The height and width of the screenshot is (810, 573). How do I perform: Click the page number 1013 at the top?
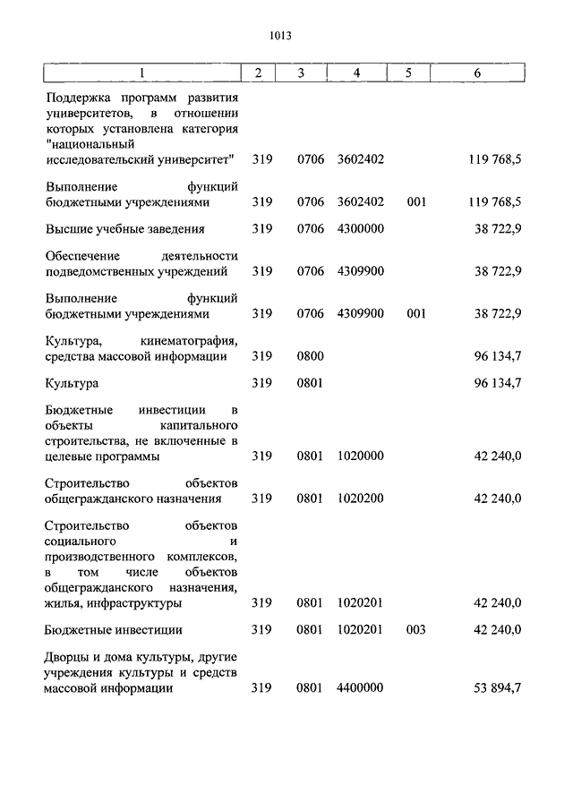[x=280, y=36]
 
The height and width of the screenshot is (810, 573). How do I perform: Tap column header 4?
[x=357, y=72]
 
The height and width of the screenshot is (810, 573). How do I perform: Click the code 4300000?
[x=361, y=228]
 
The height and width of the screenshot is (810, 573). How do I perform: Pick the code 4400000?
[x=361, y=688]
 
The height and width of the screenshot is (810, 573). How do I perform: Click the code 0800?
[x=310, y=356]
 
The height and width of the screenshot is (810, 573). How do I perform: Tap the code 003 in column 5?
[x=415, y=629]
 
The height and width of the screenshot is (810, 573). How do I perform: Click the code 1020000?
[x=361, y=456]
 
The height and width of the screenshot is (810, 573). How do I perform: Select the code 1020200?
[x=361, y=499]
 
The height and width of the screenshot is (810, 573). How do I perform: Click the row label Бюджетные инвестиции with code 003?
[x=114, y=629]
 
